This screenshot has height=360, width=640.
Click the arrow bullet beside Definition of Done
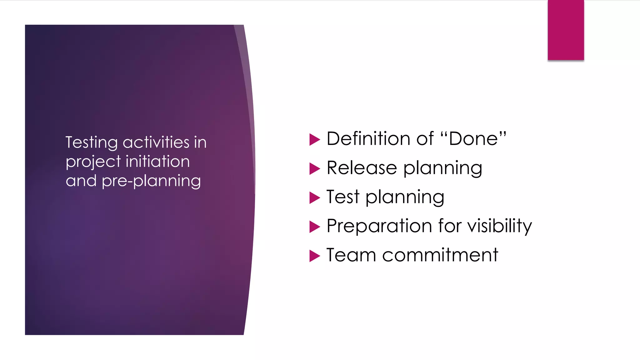[x=314, y=139]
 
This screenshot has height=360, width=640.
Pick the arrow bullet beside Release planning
[x=314, y=169]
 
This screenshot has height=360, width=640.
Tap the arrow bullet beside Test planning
[x=314, y=198]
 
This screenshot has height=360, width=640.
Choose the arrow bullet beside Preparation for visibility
[x=314, y=227]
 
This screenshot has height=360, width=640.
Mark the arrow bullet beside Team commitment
[x=314, y=256]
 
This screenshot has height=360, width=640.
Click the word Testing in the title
[x=92, y=143]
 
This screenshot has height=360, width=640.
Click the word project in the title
[x=93, y=162]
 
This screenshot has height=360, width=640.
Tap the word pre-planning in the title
[x=151, y=181]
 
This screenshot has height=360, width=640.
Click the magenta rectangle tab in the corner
[x=566, y=30]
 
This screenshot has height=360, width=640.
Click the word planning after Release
[x=442, y=169]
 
